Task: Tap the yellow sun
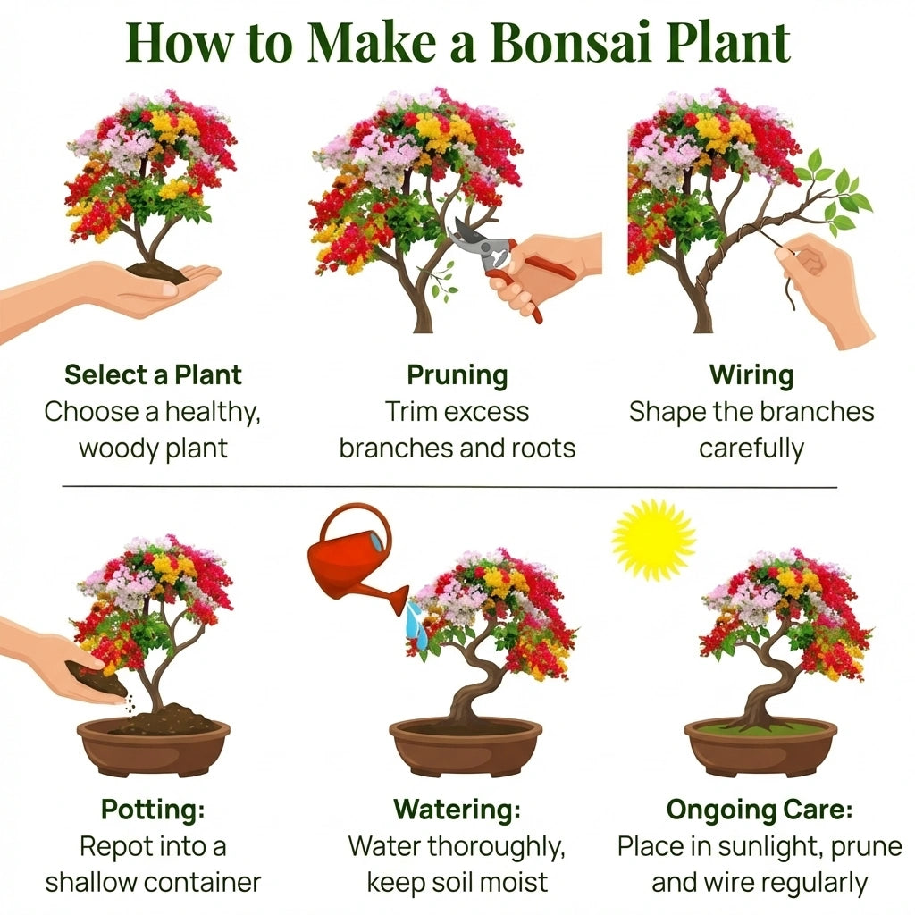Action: pyautogui.click(x=653, y=541)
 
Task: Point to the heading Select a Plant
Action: pyautogui.click(x=153, y=375)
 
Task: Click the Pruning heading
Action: pyautogui.click(x=457, y=376)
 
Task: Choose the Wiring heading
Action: pyautogui.click(x=751, y=376)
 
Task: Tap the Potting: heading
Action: pyautogui.click(x=153, y=810)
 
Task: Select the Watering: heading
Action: pyautogui.click(x=457, y=810)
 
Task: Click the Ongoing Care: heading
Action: pyautogui.click(x=760, y=810)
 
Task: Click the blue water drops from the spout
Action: pyautogui.click(x=416, y=625)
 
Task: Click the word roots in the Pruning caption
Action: pyautogui.click(x=543, y=449)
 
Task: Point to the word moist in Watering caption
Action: pyautogui.click(x=518, y=883)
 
